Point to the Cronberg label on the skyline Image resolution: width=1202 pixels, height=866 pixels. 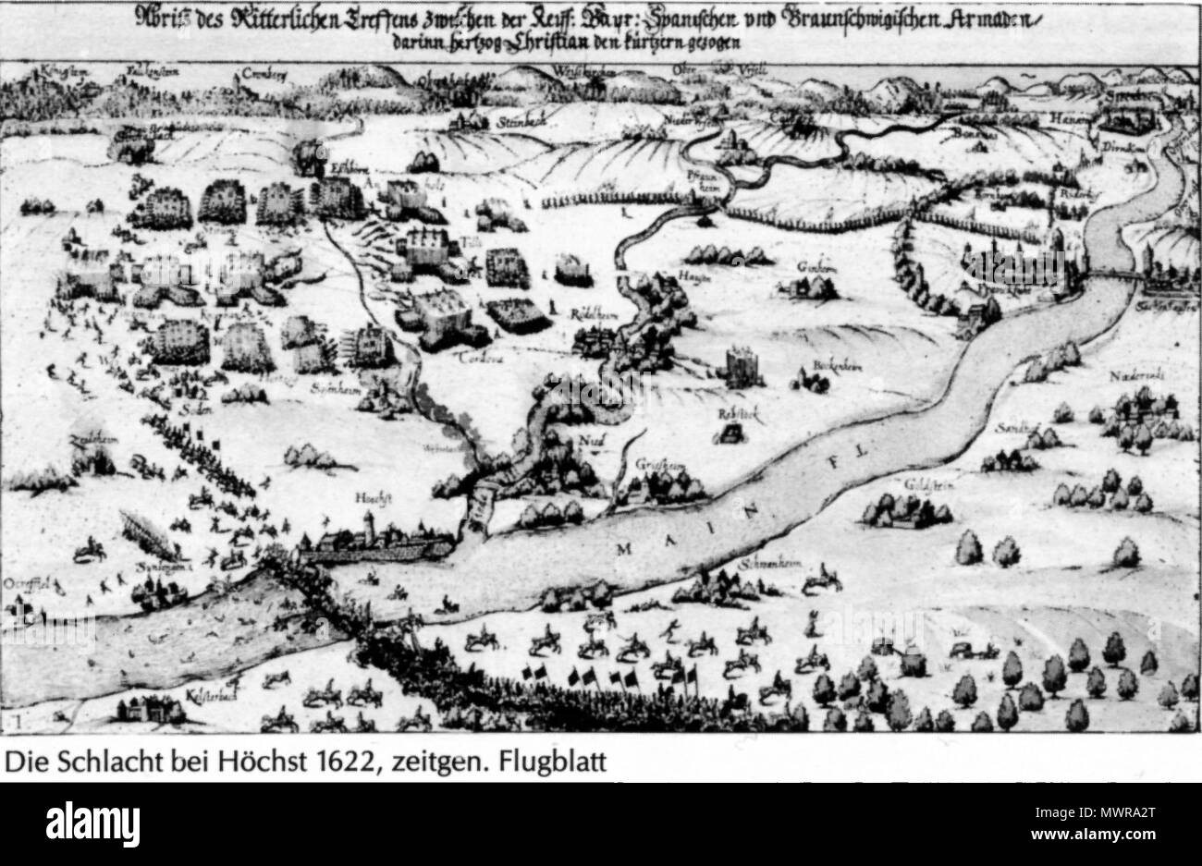click(x=260, y=71)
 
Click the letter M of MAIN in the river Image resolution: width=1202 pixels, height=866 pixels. click(x=620, y=548)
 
